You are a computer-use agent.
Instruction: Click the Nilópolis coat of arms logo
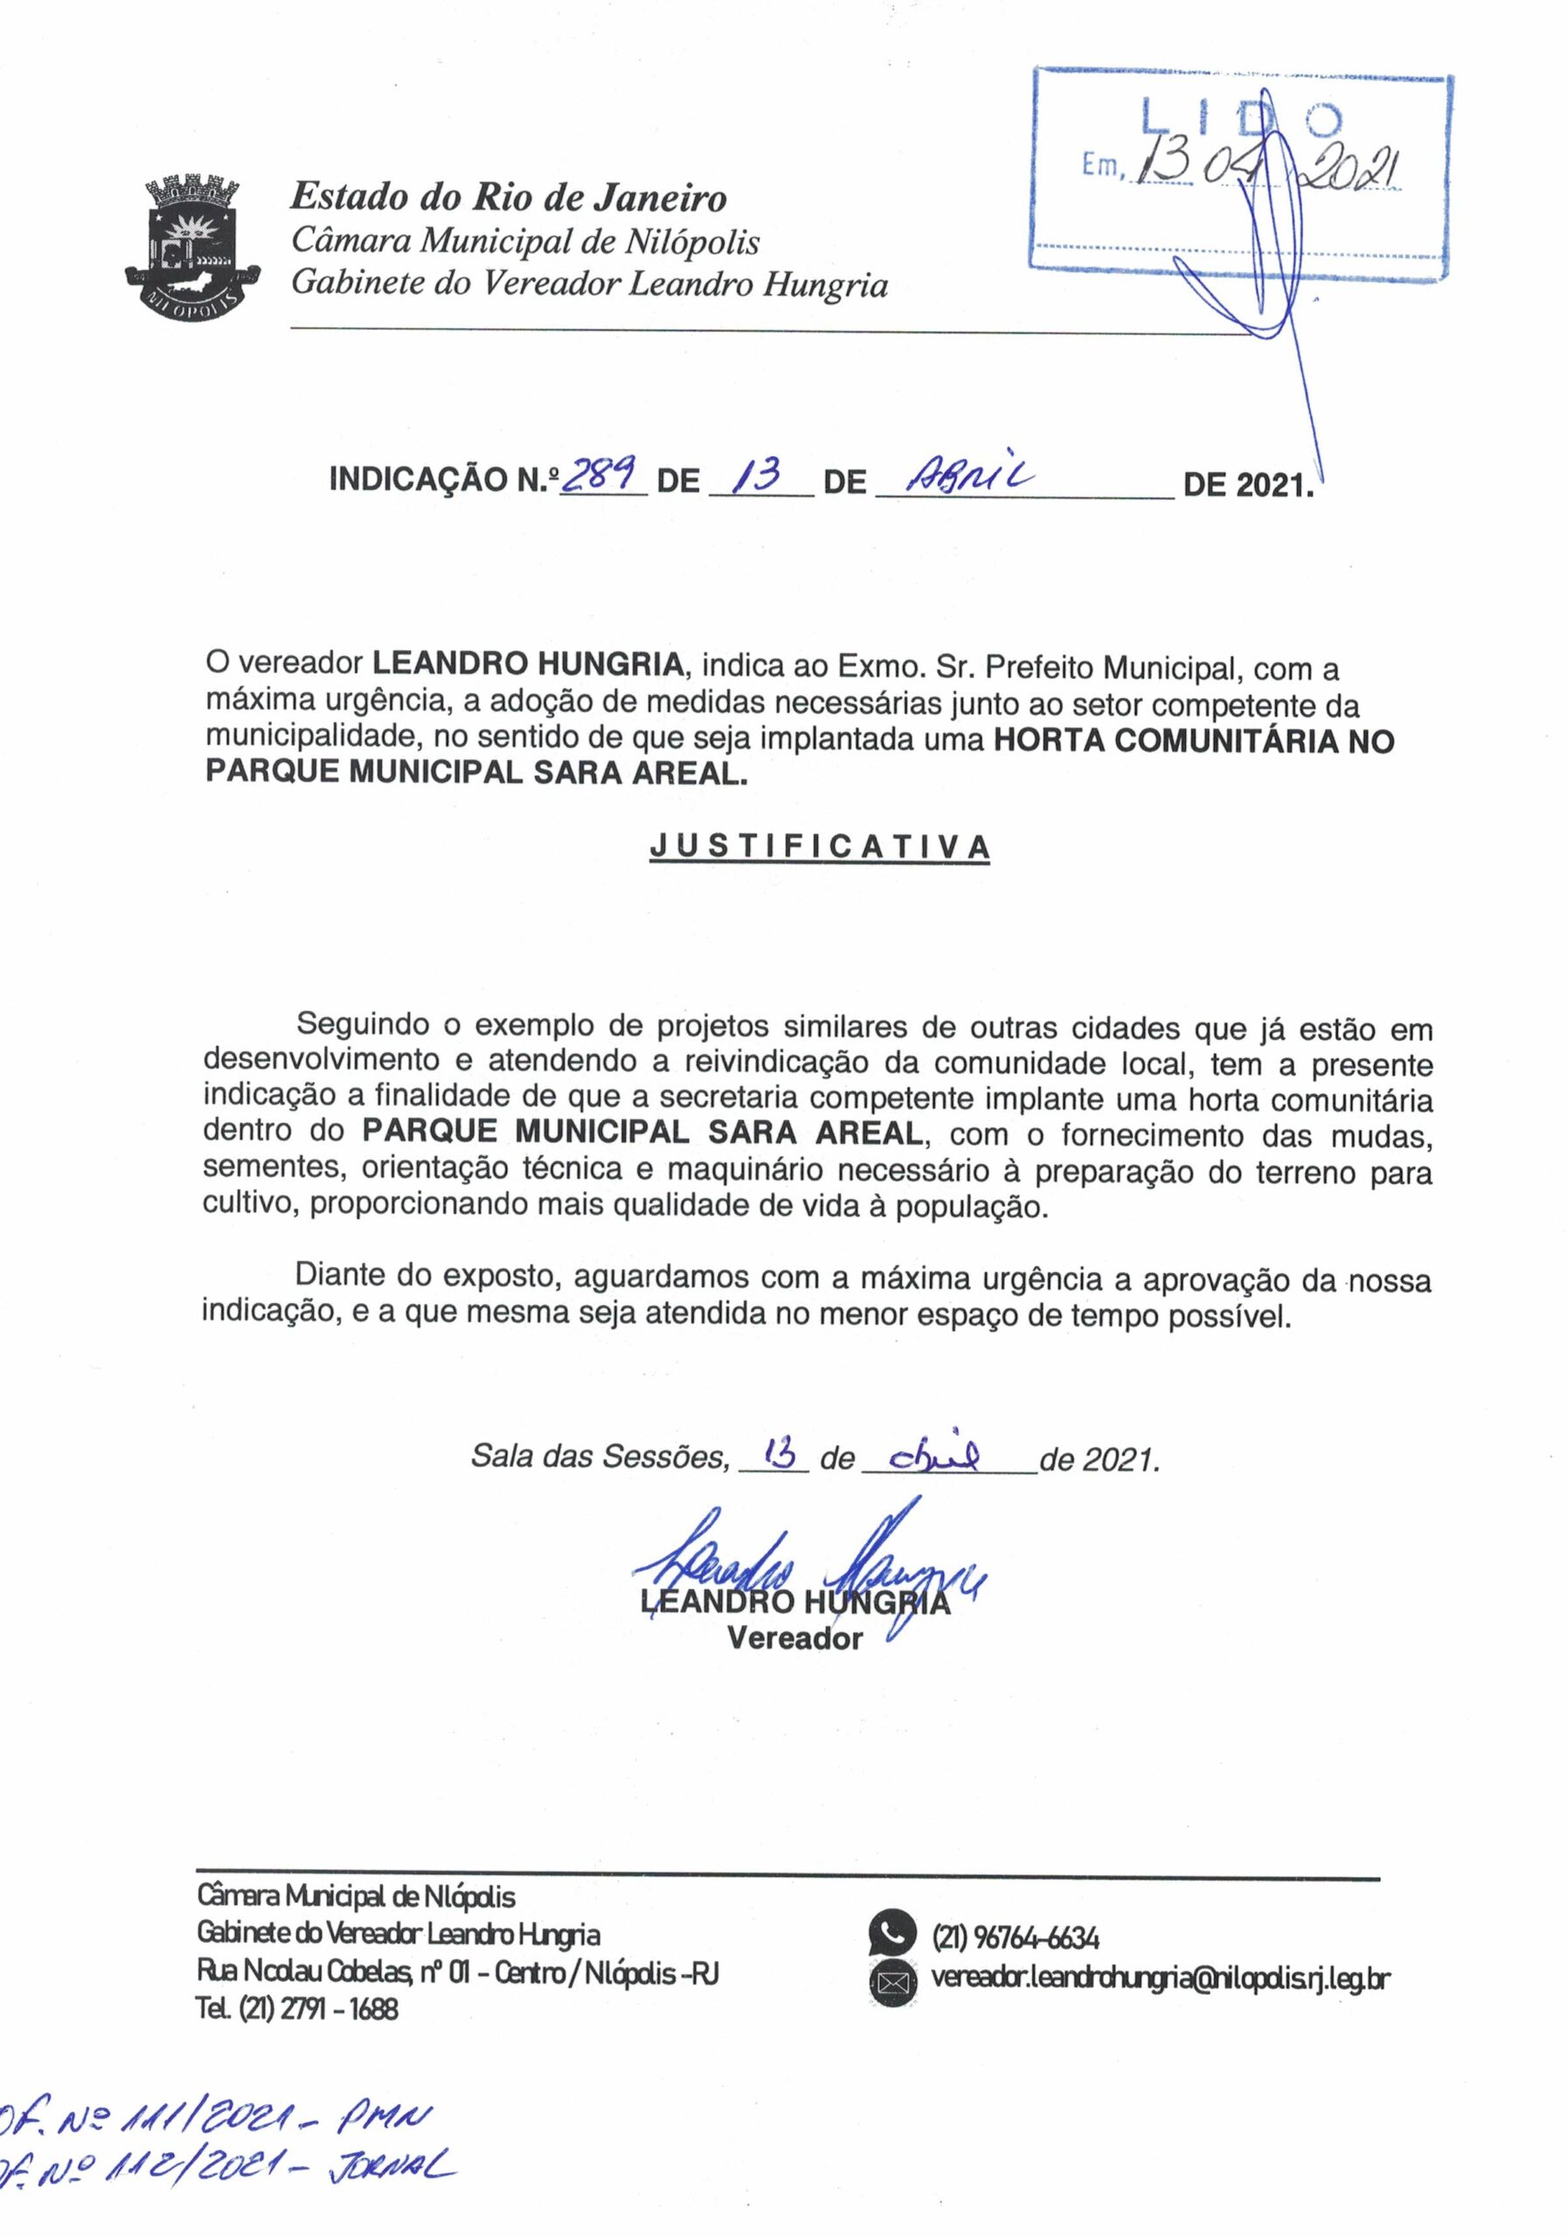(x=192, y=244)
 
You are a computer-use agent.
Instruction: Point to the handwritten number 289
(x=600, y=475)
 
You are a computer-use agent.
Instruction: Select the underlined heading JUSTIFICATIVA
(x=820, y=847)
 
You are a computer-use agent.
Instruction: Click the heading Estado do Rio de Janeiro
(x=508, y=197)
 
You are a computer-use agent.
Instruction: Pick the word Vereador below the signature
(x=794, y=1638)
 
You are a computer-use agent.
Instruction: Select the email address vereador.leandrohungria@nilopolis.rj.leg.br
(x=1160, y=1977)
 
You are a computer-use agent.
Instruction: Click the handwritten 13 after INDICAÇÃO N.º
(x=758, y=475)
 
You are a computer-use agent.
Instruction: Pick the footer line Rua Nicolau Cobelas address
(x=457, y=1973)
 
